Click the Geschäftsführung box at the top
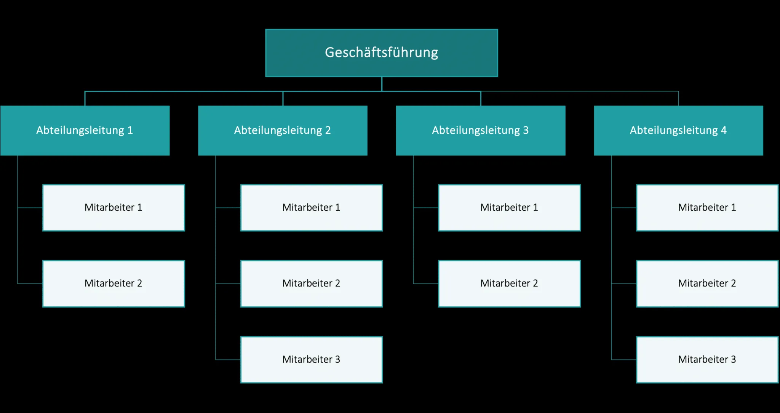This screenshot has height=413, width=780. [382, 53]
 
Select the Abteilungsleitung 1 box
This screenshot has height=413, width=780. [85, 130]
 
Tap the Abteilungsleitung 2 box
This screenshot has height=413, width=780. [283, 130]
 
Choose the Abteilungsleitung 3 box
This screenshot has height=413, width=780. [481, 130]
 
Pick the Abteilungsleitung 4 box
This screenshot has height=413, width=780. [678, 130]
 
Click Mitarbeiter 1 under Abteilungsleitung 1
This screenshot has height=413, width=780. [113, 208]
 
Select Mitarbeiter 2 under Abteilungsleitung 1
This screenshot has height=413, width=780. [113, 283]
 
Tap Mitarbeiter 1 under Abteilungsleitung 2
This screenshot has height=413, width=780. [312, 208]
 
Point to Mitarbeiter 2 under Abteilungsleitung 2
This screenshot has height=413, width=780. [312, 283]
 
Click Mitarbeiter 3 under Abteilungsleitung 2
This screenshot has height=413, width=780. [312, 359]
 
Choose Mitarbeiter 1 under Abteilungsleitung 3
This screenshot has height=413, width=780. [509, 208]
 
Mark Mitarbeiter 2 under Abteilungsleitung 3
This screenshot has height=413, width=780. [509, 283]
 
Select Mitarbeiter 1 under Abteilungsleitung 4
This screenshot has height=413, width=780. [707, 208]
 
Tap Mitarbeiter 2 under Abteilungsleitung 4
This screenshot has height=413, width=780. [707, 283]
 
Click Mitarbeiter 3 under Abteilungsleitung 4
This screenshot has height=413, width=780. [707, 359]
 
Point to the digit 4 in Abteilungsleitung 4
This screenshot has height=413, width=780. [724, 130]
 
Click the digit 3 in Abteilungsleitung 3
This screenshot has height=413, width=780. [526, 130]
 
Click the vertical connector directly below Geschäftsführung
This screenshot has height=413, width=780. [382, 84]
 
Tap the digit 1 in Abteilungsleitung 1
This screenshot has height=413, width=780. [130, 130]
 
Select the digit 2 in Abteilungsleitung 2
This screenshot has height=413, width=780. [328, 130]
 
